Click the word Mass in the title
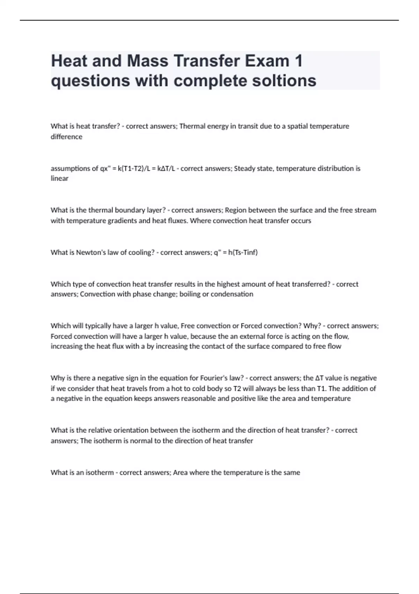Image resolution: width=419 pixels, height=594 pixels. [147, 61]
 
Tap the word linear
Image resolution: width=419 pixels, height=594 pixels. [59, 179]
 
